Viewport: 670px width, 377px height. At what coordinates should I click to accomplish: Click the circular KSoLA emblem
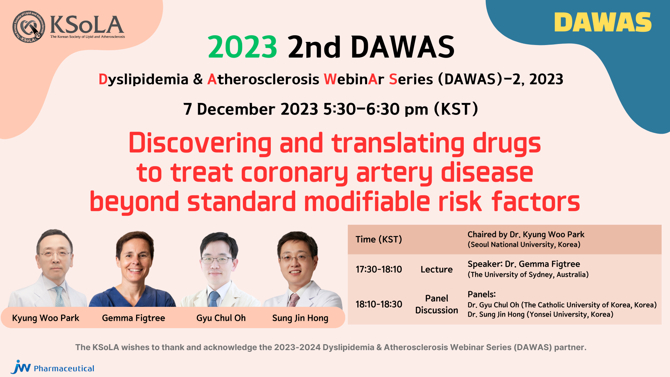(x=29, y=27)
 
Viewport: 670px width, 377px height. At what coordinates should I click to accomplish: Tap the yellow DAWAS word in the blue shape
(x=603, y=22)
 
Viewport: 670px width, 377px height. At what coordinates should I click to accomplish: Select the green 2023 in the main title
(x=243, y=47)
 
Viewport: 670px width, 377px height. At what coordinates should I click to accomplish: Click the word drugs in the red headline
(x=507, y=144)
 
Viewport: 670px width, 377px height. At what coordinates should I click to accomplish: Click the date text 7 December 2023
(x=251, y=109)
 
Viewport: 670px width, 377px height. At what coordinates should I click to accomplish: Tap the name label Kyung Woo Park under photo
(x=46, y=318)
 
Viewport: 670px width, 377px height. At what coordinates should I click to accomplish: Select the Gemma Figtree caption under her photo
(x=133, y=318)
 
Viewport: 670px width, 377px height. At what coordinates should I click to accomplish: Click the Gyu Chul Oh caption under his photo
(x=221, y=318)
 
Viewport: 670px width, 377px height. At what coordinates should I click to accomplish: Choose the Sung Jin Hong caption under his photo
(x=300, y=318)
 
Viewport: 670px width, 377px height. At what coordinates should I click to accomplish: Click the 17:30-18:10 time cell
(x=379, y=269)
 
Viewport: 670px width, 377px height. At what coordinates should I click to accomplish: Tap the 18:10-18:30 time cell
(x=379, y=304)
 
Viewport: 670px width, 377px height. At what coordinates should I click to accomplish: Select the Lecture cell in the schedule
(x=437, y=269)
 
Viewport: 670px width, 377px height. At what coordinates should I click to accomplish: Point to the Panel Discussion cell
(x=437, y=304)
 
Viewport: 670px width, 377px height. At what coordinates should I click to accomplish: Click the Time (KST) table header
(x=379, y=239)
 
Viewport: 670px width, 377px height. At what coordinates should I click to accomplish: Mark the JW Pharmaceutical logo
(x=52, y=367)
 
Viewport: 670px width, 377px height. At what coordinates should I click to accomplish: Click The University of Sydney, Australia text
(x=528, y=275)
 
